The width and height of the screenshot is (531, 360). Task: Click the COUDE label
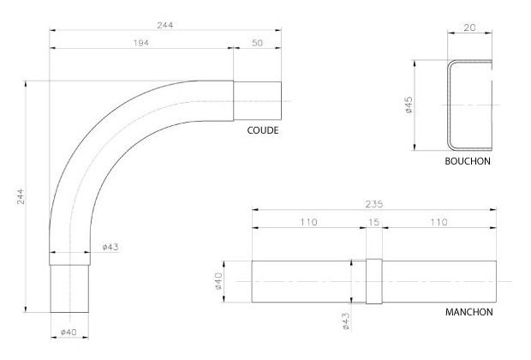(263, 130)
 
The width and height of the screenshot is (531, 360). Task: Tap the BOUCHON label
(468, 160)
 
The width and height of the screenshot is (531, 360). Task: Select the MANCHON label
(468, 312)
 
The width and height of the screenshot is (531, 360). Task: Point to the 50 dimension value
(257, 43)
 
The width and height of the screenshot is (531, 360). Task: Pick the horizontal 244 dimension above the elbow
(164, 25)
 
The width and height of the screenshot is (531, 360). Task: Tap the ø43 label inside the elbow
(110, 248)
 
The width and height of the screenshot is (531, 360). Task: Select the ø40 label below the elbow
(69, 332)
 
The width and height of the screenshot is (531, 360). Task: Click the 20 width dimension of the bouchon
(469, 28)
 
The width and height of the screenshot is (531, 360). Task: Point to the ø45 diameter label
(409, 105)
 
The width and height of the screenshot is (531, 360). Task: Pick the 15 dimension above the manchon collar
(373, 222)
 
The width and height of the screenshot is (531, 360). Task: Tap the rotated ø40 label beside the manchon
(218, 281)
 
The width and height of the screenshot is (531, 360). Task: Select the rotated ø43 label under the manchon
(345, 321)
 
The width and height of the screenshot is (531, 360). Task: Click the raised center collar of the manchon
(373, 281)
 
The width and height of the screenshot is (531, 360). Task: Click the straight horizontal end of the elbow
(257, 101)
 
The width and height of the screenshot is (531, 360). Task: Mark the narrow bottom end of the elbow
(69, 288)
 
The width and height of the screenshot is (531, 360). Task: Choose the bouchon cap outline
(468, 105)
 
